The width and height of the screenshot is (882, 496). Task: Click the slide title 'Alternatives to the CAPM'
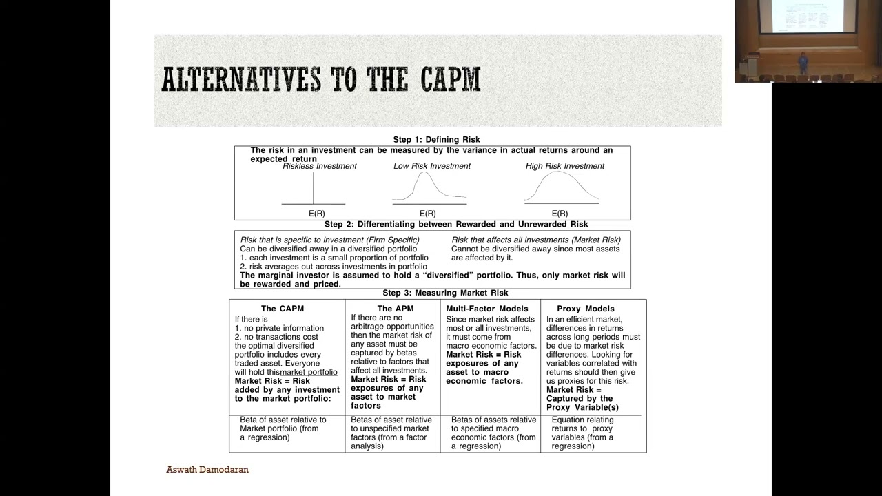pos(320,80)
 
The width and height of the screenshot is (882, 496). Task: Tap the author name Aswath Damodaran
pos(207,469)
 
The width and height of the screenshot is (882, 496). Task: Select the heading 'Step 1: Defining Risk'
pos(436,140)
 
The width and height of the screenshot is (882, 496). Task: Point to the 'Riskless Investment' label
pos(320,166)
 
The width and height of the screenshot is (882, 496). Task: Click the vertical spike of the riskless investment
pos(314,188)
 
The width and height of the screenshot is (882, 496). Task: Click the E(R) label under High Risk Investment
pos(560,214)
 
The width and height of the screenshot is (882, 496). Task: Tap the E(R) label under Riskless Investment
pos(317,214)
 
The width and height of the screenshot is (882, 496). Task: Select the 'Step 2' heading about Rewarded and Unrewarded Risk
pos(456,225)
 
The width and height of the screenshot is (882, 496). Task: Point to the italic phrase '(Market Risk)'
pos(595,240)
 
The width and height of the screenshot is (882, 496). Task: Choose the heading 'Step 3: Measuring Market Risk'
pos(445,293)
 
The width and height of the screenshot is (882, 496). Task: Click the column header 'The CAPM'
pos(283,309)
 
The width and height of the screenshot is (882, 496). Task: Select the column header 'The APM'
pos(396,309)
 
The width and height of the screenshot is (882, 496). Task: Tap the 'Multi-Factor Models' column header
pos(487,309)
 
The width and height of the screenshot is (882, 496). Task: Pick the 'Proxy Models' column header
pos(586,309)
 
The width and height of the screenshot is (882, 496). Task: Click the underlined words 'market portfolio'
pos(309,372)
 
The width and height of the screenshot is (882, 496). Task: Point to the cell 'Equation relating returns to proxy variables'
pos(582,433)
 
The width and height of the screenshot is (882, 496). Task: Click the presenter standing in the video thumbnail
pos(803,62)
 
